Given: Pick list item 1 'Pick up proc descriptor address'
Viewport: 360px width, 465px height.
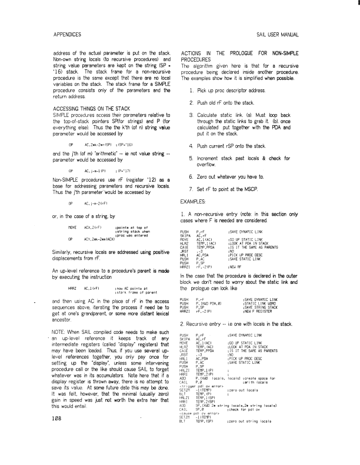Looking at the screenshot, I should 242,90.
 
